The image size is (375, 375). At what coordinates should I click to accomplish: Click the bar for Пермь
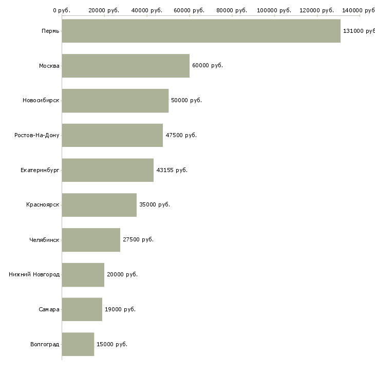(201, 31)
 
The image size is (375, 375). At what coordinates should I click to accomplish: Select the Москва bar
(126, 66)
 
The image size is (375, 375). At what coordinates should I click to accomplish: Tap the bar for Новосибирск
(115, 101)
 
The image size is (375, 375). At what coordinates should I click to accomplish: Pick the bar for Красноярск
(99, 205)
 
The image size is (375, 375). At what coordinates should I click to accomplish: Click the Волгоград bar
(78, 344)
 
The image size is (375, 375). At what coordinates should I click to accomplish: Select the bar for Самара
(82, 309)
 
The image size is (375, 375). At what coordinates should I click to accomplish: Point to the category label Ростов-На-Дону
(37, 136)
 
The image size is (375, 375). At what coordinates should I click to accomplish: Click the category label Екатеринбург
(40, 170)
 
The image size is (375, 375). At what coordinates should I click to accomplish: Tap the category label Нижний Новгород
(34, 274)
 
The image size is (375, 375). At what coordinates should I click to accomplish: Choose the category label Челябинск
(44, 240)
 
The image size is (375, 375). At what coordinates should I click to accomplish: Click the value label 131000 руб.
(359, 31)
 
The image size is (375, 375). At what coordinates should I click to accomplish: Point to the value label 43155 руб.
(172, 170)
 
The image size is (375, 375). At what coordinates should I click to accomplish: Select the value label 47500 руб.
(181, 135)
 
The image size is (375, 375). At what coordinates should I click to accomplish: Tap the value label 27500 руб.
(138, 239)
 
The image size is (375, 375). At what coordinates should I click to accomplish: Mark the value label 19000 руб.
(120, 309)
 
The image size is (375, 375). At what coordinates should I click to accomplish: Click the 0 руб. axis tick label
(62, 10)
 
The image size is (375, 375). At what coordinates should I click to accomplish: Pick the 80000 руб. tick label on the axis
(232, 10)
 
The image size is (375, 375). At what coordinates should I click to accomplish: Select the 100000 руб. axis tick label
(274, 10)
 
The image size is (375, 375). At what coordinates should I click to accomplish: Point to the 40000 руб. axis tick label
(147, 10)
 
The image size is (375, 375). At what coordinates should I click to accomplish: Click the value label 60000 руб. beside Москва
(208, 65)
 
